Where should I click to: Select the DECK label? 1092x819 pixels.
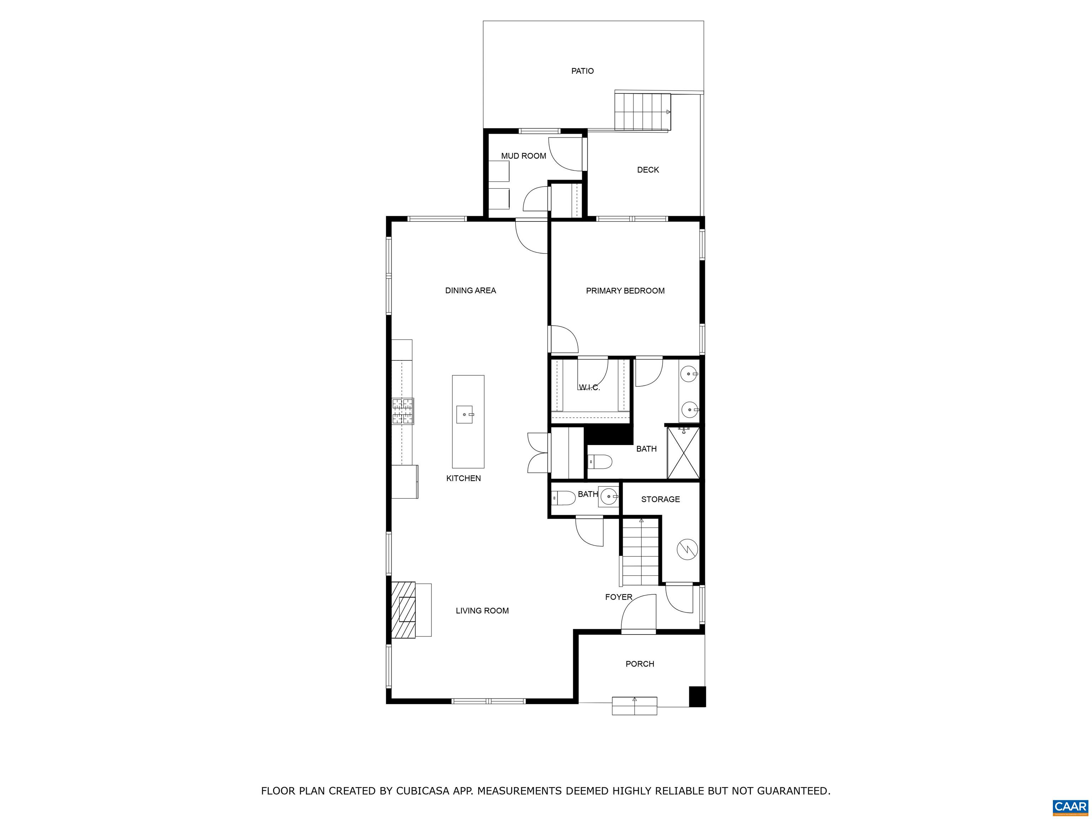pyautogui.click(x=648, y=170)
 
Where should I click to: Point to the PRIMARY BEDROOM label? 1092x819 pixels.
pyautogui.click(x=625, y=291)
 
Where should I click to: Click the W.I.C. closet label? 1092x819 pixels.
pyautogui.click(x=589, y=387)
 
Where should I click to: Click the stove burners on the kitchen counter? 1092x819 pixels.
pyautogui.click(x=403, y=411)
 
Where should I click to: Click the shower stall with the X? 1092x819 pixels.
pyautogui.click(x=683, y=453)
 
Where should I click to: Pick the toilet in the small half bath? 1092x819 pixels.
pyautogui.click(x=563, y=498)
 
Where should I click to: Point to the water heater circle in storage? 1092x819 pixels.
pyautogui.click(x=687, y=549)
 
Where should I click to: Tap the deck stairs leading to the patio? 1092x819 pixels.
pyautogui.click(x=642, y=112)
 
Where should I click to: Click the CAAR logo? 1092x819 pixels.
pyautogui.click(x=1070, y=807)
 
